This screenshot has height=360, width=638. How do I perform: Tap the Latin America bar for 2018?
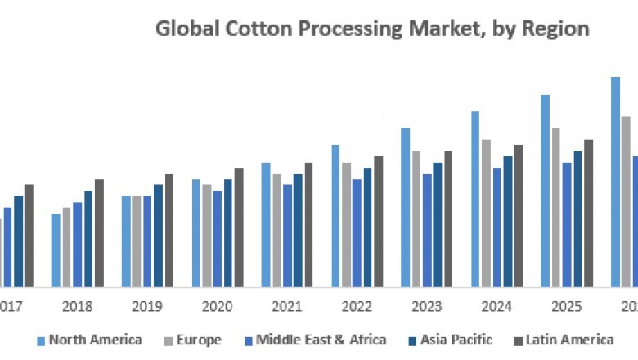(x=99, y=233)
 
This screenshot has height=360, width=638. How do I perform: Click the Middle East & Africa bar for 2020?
(x=217, y=239)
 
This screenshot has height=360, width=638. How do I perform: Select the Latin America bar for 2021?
(x=308, y=225)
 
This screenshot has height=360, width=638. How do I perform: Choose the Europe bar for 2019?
(x=137, y=241)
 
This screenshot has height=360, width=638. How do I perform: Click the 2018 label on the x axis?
(x=78, y=307)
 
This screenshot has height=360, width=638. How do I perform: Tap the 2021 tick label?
(x=287, y=307)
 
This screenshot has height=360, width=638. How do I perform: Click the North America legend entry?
(x=95, y=339)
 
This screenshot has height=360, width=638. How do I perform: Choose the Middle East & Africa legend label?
(x=321, y=339)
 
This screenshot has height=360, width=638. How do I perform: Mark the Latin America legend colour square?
(x=518, y=340)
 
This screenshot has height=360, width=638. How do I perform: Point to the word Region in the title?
(x=557, y=29)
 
